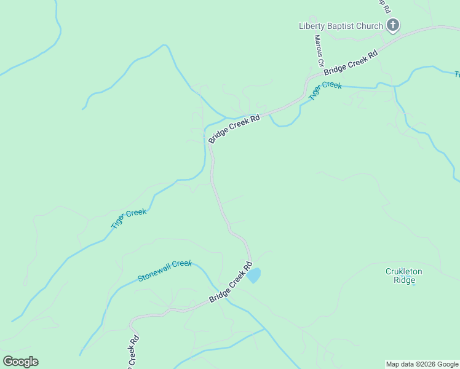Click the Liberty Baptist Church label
click(341, 26)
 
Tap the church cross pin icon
click(393, 25)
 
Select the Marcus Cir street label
click(319, 50)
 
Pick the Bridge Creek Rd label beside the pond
click(231, 283)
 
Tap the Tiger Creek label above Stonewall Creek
click(129, 219)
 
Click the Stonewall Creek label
click(165, 271)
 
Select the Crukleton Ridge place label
click(404, 276)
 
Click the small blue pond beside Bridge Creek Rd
click(253, 276)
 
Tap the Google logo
click(20, 362)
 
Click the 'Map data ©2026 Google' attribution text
click(422, 364)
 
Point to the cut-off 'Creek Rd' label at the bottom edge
click(133, 352)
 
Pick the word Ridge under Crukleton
click(404, 280)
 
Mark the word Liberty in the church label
click(311, 26)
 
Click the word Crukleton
click(404, 271)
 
